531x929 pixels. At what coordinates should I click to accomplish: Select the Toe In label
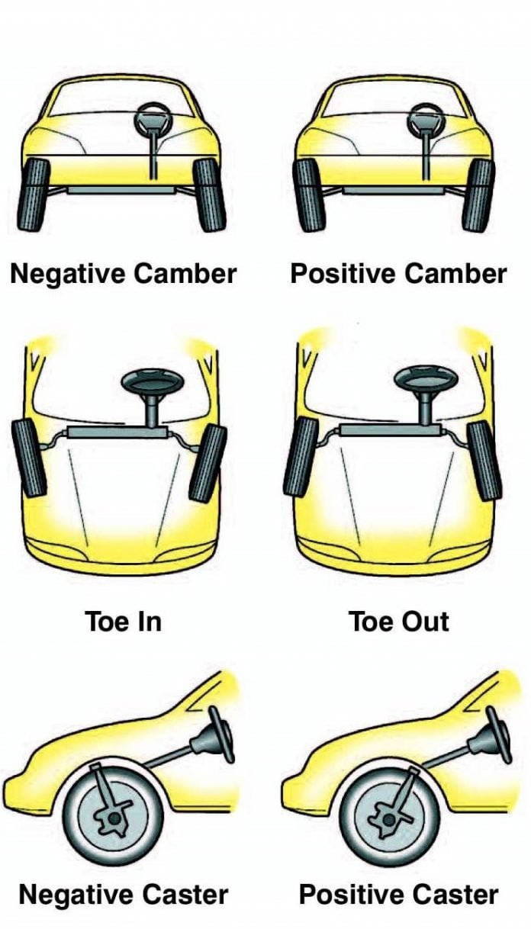123,621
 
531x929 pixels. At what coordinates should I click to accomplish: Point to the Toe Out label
399,621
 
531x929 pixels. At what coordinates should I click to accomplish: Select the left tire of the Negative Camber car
34,194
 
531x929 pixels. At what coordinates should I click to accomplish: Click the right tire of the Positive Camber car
478,194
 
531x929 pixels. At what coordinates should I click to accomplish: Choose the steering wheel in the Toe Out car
426,379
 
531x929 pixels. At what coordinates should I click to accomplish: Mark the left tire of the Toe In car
29,458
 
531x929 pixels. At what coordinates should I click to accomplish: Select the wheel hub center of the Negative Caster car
114,818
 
